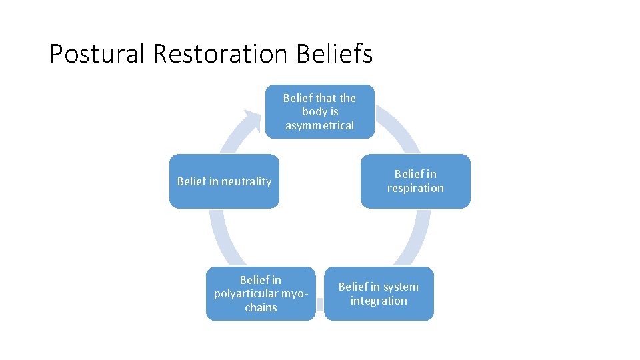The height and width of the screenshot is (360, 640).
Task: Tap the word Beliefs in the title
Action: tap(335, 53)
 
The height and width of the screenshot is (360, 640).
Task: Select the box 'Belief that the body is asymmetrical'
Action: tap(319, 111)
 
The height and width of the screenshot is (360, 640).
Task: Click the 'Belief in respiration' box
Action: tap(415, 181)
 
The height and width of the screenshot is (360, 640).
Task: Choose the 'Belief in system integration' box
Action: tap(379, 293)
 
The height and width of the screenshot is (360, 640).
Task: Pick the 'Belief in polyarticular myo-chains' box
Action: tap(261, 293)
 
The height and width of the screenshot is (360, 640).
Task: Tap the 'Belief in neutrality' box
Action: tap(224, 181)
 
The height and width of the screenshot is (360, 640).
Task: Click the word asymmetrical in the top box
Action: tap(319, 125)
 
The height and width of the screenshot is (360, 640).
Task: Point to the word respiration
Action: tap(415, 188)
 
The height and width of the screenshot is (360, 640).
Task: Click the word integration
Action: tap(379, 301)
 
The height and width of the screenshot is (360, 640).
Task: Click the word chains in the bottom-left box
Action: tap(261, 307)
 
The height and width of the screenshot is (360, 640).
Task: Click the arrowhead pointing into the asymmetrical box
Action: tap(253, 120)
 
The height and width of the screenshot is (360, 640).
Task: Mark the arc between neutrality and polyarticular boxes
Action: tap(220, 237)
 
